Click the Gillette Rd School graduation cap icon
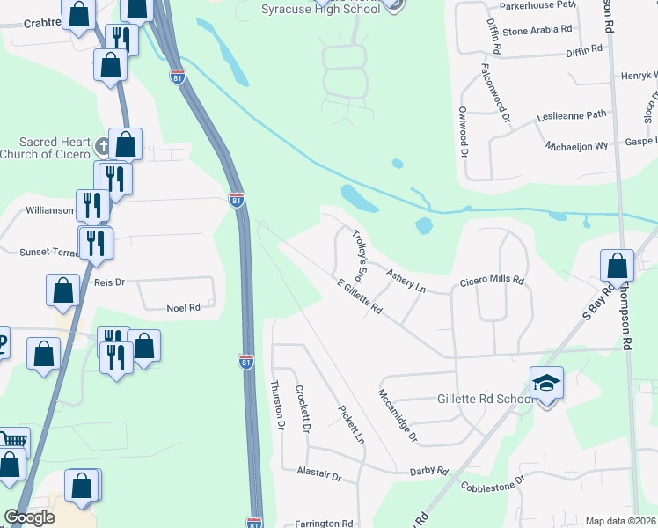tap(546, 383)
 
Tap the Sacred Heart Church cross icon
tap(102, 146)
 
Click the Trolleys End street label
tap(361, 249)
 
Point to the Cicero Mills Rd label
tap(492, 282)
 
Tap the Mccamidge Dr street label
tap(397, 414)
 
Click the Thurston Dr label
tap(278, 405)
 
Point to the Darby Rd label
tap(429, 472)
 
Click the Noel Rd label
tap(184, 308)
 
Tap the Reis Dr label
tap(110, 282)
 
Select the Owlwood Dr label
tap(462, 130)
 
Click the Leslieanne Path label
tap(572, 115)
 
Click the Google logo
tap(29, 517)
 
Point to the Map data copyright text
tap(621, 521)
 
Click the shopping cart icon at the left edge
tap(12, 440)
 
